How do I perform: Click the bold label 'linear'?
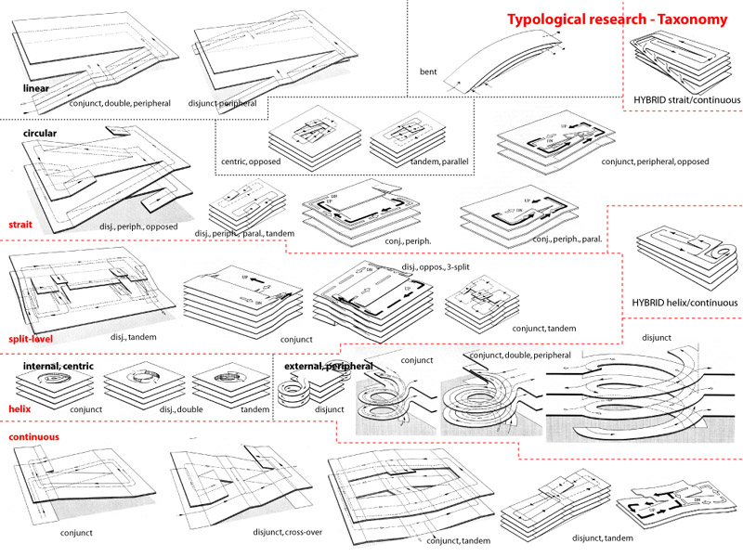(36, 89)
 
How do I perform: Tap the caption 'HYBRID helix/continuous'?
(685, 303)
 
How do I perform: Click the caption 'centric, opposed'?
(303, 162)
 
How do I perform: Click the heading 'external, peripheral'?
(331, 366)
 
